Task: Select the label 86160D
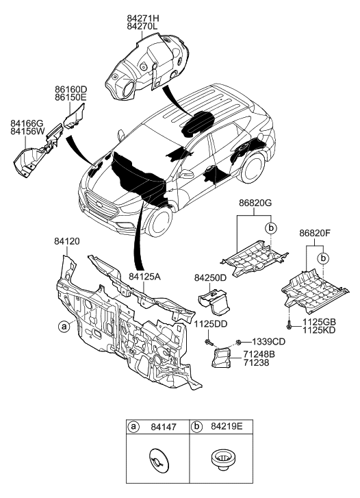(x=71, y=89)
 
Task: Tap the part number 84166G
(x=27, y=123)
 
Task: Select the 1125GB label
(x=319, y=321)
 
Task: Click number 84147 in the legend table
(x=164, y=427)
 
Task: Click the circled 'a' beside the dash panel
(x=63, y=327)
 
